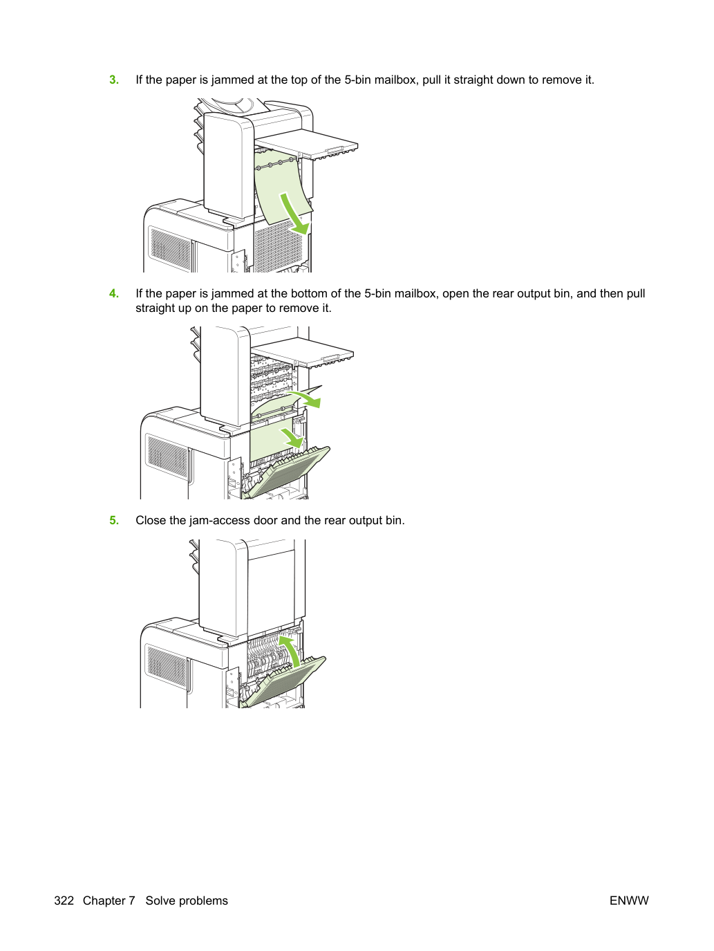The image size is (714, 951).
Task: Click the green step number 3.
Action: point(114,80)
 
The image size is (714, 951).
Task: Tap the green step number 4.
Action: point(114,293)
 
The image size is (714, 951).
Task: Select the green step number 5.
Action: point(114,520)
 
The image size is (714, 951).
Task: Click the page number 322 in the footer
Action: point(64,901)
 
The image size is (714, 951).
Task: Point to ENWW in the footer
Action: point(629,901)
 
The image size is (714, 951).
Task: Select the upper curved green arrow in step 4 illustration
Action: point(306,398)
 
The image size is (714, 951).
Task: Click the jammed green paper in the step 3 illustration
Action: point(281,188)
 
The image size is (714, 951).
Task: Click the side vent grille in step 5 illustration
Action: point(167,666)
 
